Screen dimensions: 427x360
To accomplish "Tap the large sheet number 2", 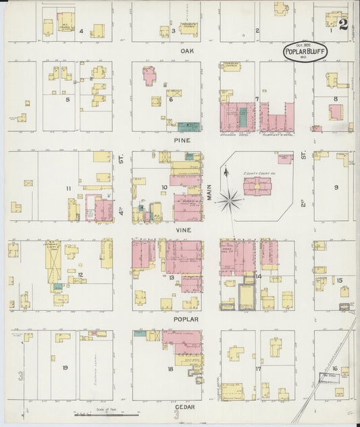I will point(344,25).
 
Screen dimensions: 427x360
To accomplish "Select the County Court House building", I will point(257,185).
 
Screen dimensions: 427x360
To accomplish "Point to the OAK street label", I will point(186,51).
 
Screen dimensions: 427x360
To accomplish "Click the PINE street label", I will point(182,140).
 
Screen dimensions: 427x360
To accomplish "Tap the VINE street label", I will point(182,230).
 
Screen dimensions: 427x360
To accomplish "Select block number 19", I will point(65,368).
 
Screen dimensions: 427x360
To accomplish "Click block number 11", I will point(68,187).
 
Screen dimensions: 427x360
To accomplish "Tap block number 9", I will point(335,186).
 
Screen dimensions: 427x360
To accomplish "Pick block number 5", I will point(68,99).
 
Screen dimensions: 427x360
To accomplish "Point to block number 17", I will point(258,368).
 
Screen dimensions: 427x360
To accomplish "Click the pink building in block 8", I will point(335,112).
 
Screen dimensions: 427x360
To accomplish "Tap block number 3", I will point(174,30).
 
